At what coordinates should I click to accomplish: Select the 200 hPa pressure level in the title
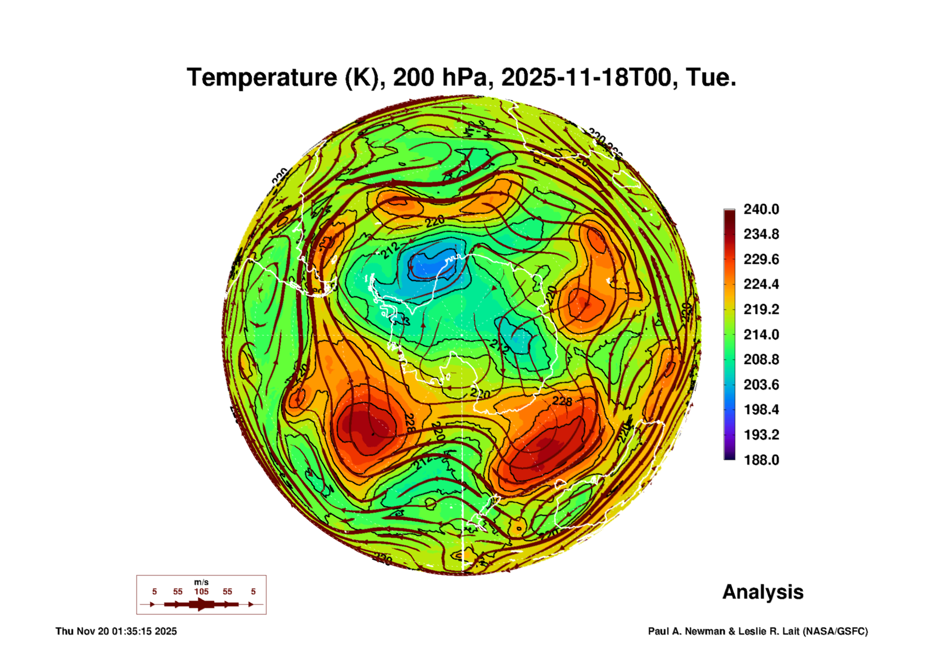click(x=441, y=77)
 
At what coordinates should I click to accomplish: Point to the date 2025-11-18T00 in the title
click(x=586, y=77)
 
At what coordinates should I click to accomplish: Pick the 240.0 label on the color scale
click(x=761, y=209)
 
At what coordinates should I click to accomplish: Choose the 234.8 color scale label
click(x=761, y=234)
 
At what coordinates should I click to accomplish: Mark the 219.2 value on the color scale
click(x=761, y=309)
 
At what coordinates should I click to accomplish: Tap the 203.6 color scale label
click(x=761, y=384)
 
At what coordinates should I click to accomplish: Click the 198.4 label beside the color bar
click(x=761, y=410)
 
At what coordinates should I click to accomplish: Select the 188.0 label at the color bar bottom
click(x=761, y=460)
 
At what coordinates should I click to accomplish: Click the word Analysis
click(x=763, y=592)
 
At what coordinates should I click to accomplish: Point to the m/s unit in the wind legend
click(x=201, y=582)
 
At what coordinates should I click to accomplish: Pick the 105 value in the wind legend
click(x=201, y=591)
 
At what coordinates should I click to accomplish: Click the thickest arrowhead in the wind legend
click(x=201, y=604)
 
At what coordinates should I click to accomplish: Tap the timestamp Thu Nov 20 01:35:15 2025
click(x=116, y=631)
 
